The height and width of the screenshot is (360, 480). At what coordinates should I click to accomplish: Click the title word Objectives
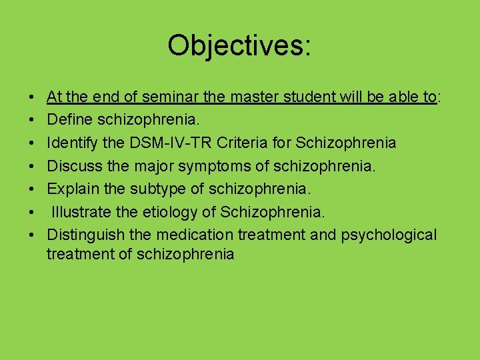coord(239,46)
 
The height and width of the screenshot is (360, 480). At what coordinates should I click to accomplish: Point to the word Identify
coord(73,143)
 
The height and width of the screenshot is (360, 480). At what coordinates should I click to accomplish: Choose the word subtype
coord(161,189)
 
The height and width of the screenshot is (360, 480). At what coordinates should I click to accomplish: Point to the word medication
coord(197,235)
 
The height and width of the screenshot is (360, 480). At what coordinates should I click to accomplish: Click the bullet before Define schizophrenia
coord(33,121)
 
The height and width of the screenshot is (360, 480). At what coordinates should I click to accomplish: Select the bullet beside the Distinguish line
coord(33,235)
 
